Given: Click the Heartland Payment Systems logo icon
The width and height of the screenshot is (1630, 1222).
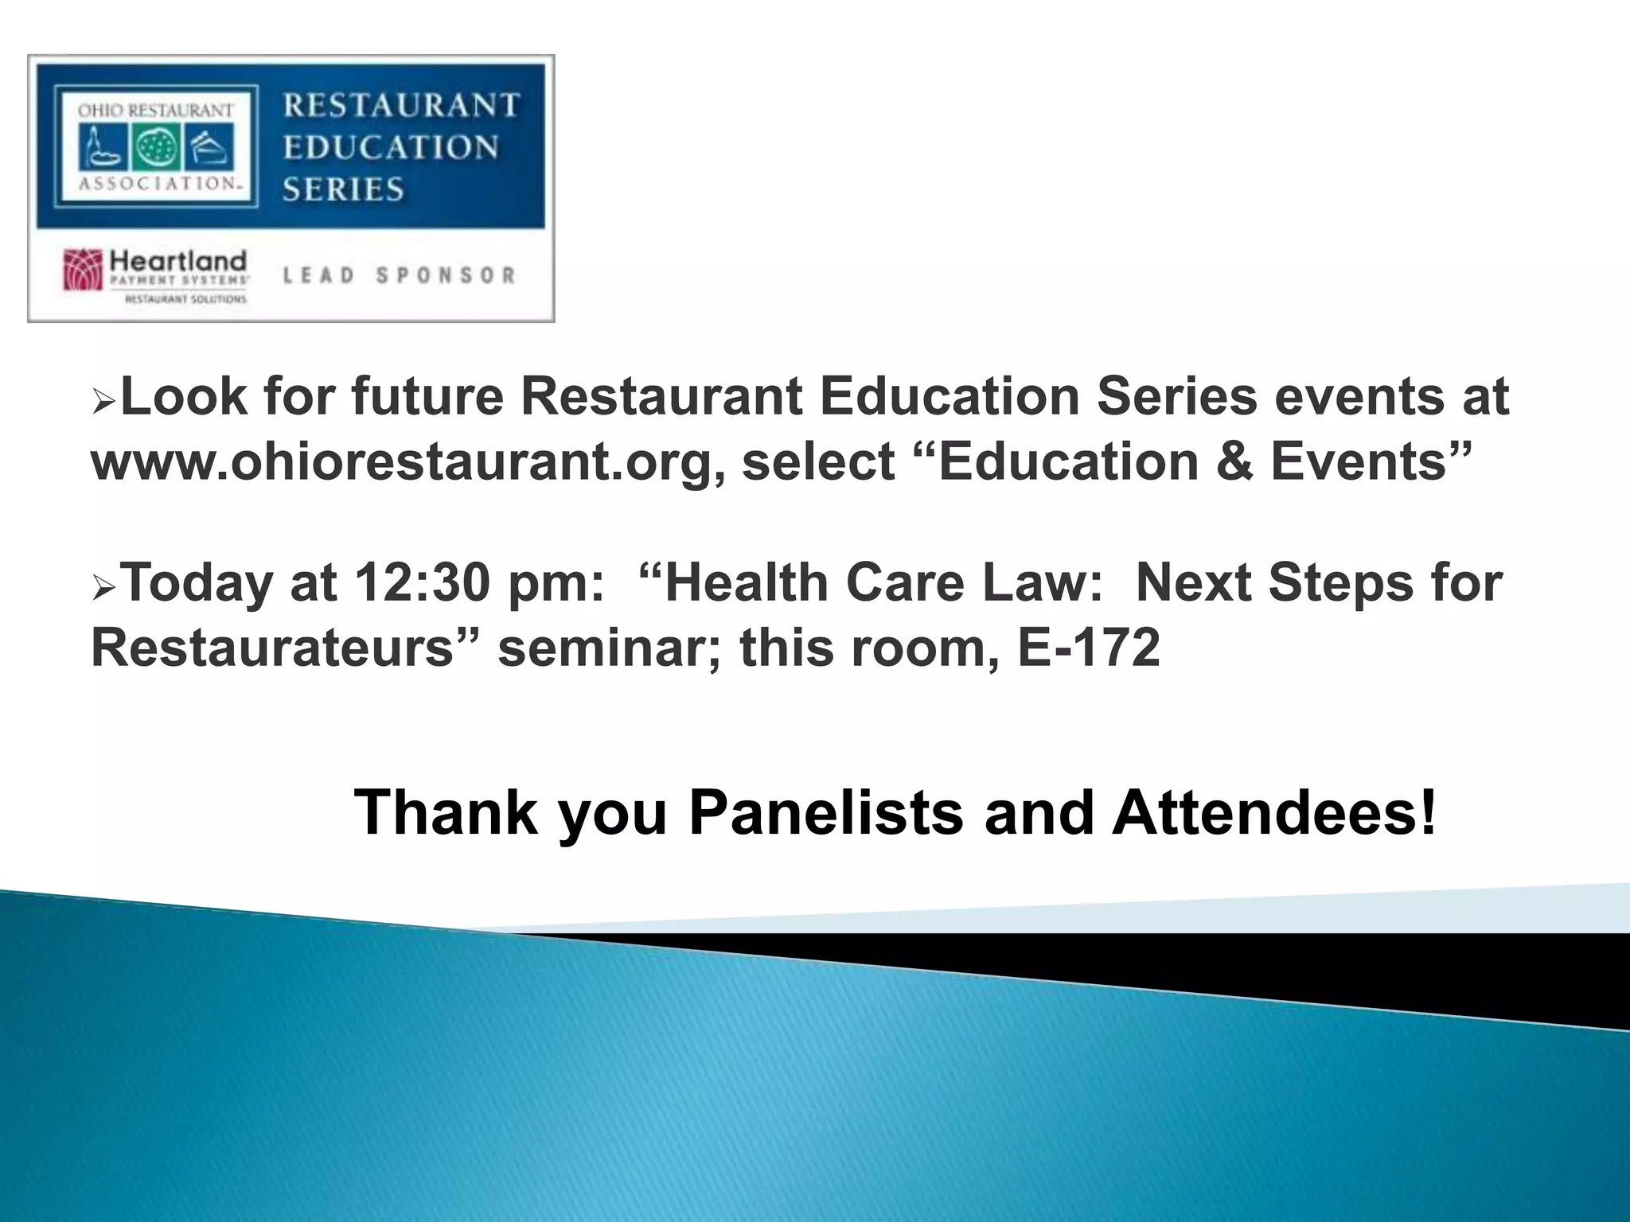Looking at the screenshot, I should point(83,270).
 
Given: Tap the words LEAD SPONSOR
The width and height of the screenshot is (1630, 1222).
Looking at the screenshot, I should point(400,275).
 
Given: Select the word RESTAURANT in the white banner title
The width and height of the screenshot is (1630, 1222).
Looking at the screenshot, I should point(402,105).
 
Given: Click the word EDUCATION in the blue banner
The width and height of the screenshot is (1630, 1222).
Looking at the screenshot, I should point(391,147).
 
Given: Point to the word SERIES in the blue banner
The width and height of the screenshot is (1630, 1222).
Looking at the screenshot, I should point(344,189).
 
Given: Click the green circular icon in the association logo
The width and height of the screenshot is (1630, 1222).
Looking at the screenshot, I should point(156,150).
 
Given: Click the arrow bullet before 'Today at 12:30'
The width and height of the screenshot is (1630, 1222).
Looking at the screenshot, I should point(103,589).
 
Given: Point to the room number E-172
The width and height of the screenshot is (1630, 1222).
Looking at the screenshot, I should point(1088,648).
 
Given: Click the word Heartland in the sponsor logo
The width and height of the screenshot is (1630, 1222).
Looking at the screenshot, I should point(178,260).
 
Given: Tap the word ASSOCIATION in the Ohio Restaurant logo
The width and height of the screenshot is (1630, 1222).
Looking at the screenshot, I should point(158,183).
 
